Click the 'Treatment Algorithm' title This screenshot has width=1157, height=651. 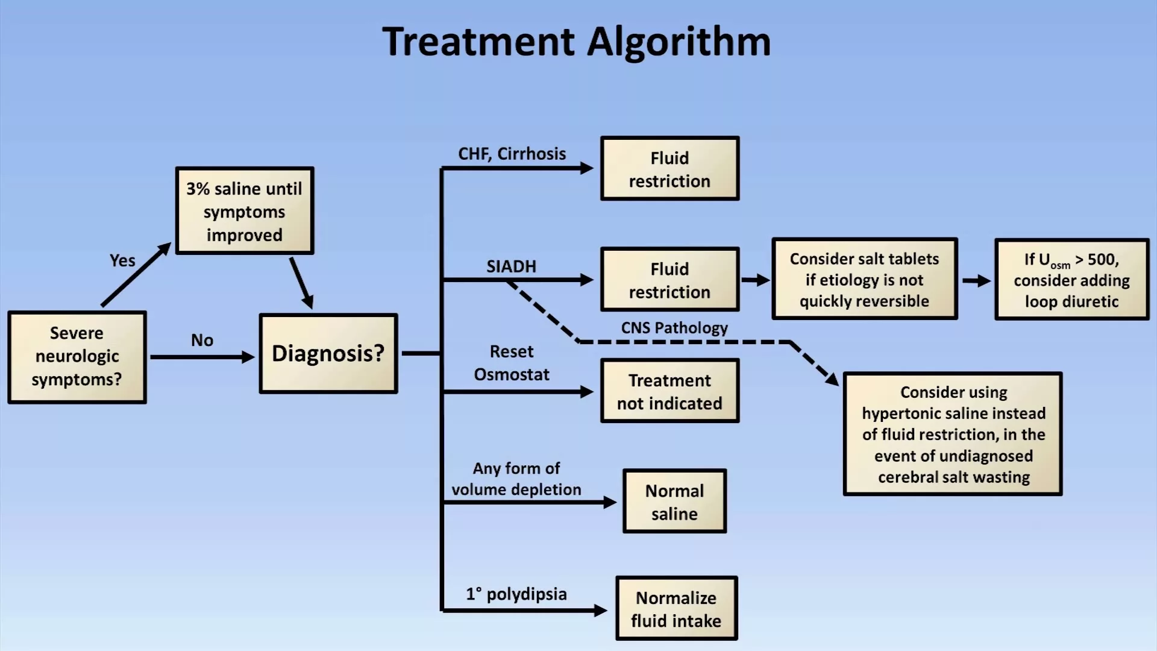point(577,42)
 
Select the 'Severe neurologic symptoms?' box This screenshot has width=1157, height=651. point(77,357)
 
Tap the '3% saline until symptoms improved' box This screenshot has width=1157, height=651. point(245,211)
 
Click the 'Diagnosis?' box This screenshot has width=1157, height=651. point(328,354)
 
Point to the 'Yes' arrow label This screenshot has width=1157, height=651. point(122,260)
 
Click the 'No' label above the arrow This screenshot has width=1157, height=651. point(202,340)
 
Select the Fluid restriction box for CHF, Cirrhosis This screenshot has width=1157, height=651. point(669,169)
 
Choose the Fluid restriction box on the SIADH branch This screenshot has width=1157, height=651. point(669,280)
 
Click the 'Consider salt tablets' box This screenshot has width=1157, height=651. point(864,279)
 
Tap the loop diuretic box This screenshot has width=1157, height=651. point(1071,280)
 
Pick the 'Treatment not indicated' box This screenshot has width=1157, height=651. point(669,391)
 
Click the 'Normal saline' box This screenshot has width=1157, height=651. point(674,502)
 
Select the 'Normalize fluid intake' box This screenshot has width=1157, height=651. point(676,609)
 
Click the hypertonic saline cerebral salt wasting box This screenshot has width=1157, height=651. point(953,434)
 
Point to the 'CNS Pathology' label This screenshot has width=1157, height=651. point(674,328)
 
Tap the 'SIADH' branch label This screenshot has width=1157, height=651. point(511,266)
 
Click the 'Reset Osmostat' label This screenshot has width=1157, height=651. point(512,363)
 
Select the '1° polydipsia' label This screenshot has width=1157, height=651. point(516,594)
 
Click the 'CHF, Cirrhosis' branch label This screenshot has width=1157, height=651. point(512,154)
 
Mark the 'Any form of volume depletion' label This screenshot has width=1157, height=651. point(516,479)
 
